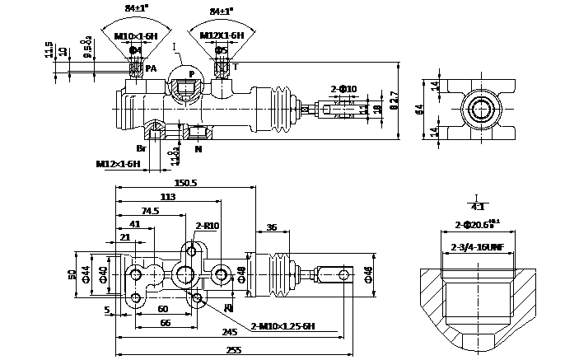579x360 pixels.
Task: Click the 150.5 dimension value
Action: point(185,183)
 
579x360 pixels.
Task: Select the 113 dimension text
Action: point(166,197)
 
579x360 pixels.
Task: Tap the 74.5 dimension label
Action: point(149,211)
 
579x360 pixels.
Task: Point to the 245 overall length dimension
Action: point(230,332)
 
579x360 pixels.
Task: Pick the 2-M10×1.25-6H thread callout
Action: point(282,326)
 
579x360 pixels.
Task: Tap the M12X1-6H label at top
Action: point(222,36)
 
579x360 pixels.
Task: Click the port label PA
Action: point(151,68)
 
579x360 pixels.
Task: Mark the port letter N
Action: point(198,149)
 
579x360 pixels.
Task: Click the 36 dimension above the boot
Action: point(272,227)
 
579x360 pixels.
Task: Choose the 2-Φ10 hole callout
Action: point(343,88)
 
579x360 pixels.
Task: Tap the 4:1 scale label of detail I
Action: point(477,206)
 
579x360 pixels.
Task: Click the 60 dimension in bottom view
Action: point(163,308)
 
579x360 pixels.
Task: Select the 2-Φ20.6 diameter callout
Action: point(476,224)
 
